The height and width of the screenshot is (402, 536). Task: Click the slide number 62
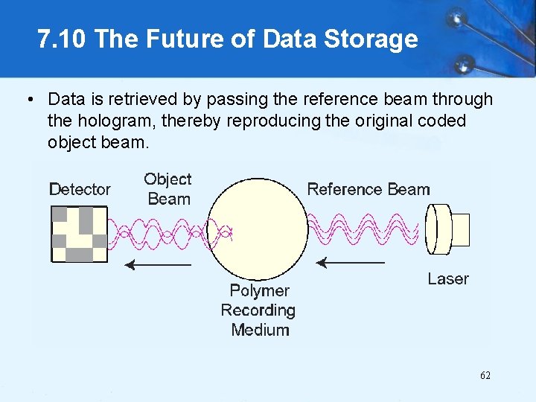[485, 375]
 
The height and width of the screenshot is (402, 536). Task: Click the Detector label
[80, 190]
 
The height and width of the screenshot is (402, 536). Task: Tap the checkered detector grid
[78, 234]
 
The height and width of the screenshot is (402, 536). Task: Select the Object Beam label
[168, 189]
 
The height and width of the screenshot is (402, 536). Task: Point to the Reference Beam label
[368, 189]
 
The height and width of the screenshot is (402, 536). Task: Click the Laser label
[448, 279]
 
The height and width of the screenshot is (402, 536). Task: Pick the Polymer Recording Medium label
[258, 310]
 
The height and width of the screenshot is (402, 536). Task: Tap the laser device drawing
[448, 229]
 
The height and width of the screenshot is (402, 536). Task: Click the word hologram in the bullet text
[109, 121]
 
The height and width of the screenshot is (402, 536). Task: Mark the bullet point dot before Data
[29, 99]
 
